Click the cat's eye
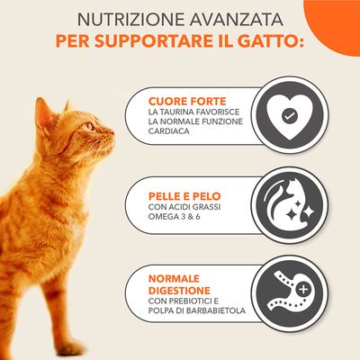click(x=89, y=125)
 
